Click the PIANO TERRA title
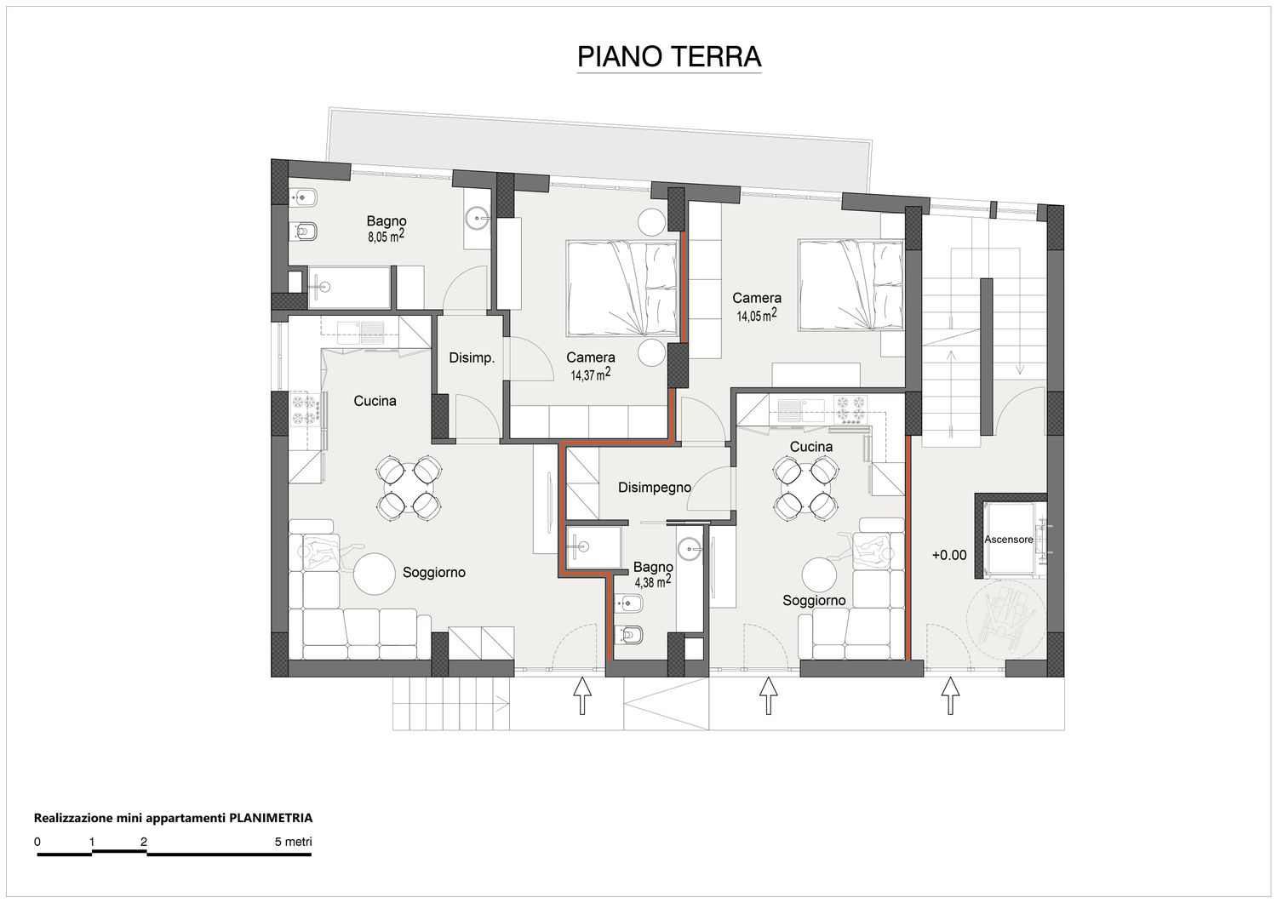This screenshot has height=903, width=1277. point(669,56)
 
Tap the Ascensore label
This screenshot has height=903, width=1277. point(1009,540)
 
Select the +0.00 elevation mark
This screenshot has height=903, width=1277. point(949,555)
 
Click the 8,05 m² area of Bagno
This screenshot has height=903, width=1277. point(386,236)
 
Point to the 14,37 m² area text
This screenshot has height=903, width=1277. point(591,374)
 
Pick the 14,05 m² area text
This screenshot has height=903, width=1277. point(757,315)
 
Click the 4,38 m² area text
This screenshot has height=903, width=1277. point(653,581)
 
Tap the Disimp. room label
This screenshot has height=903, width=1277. point(472,358)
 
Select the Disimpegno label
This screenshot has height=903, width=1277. point(655,488)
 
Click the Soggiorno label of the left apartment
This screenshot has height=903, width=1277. point(434,573)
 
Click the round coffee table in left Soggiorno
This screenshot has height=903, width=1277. point(374,574)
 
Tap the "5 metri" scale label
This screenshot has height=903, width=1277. point(293,842)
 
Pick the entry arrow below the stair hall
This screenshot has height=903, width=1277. point(949,695)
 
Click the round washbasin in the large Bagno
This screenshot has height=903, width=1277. point(477,217)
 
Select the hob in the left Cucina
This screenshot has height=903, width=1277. point(305,410)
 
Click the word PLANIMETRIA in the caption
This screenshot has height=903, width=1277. point(271,818)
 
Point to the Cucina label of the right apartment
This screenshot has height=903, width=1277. point(810,447)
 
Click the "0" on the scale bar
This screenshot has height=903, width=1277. point(37,842)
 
